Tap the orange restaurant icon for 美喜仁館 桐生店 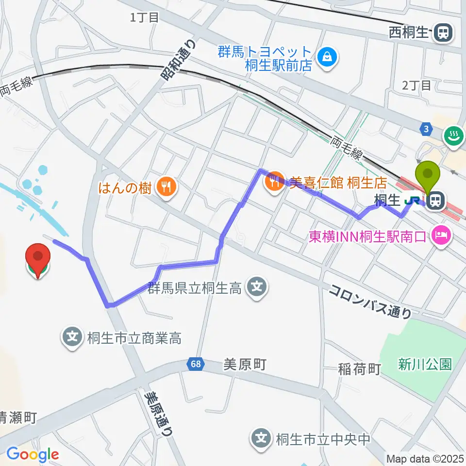[x=274, y=183]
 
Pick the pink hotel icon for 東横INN [x=441, y=236]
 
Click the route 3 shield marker [x=426, y=129]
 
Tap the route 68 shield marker [x=194, y=364]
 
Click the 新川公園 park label [x=425, y=364]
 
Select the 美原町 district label [x=245, y=365]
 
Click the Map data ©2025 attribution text [x=425, y=458]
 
